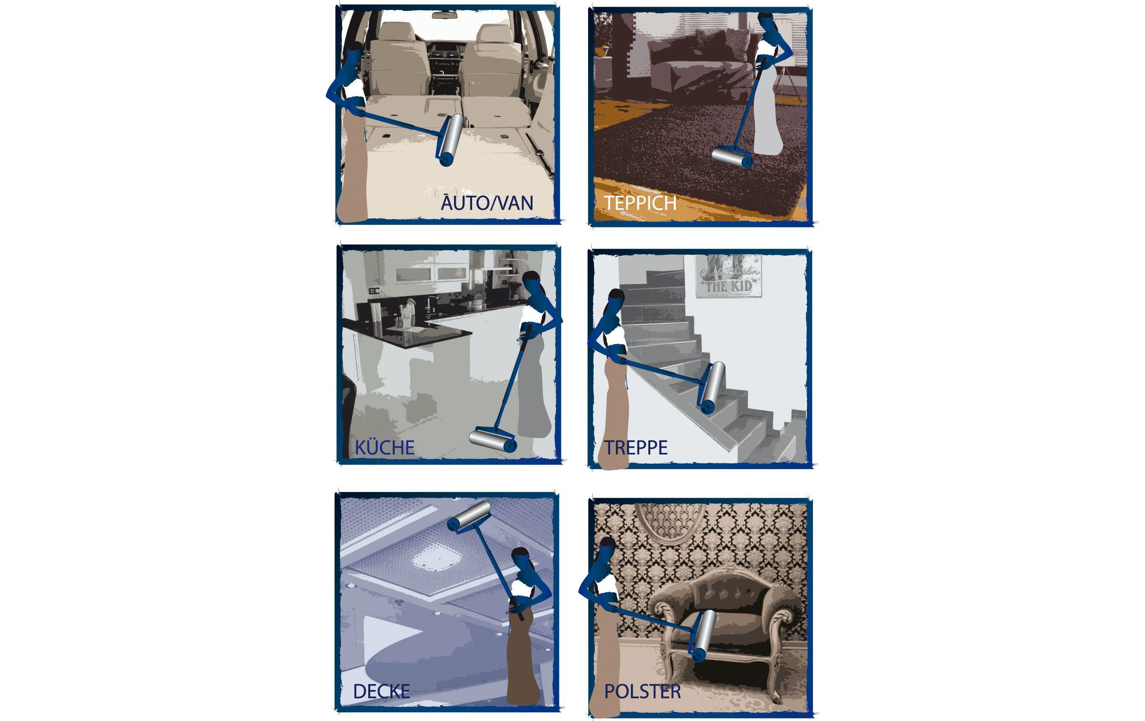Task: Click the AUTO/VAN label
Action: coord(487,203)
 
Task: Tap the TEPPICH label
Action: coord(640,203)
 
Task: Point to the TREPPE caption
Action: coord(636,447)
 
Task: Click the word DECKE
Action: coord(382,691)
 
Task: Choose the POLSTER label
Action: coord(643,691)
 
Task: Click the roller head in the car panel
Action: coord(450,139)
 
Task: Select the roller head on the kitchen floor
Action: coord(492,440)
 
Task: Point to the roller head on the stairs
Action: coord(712,387)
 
